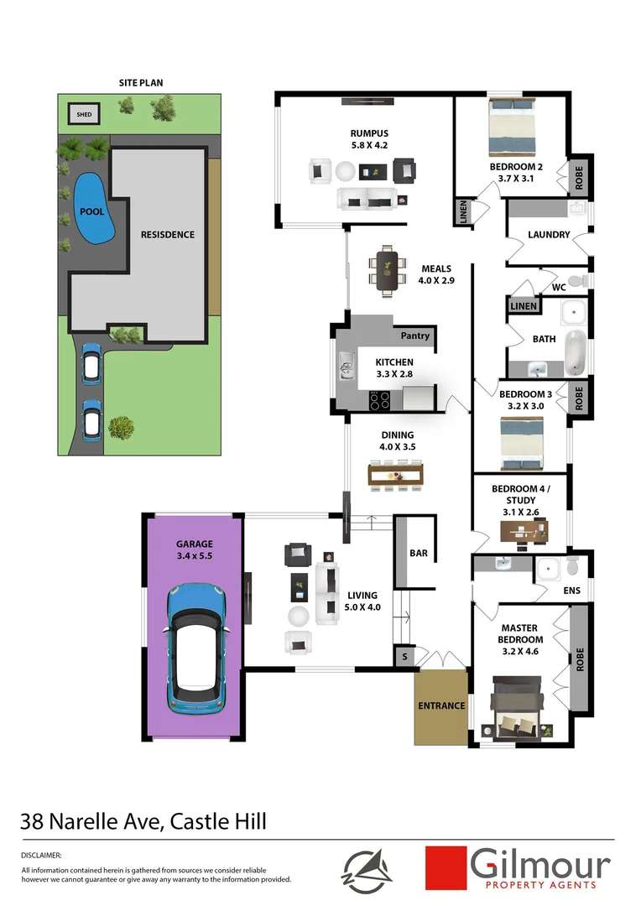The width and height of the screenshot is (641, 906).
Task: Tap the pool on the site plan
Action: (x=91, y=210)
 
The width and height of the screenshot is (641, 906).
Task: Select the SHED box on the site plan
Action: (x=84, y=114)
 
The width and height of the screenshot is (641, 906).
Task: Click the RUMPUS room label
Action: (x=369, y=133)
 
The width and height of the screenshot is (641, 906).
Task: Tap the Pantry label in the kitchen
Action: (x=414, y=336)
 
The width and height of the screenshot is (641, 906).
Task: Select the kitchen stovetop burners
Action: (x=380, y=399)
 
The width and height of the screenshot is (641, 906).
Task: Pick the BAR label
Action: (x=418, y=554)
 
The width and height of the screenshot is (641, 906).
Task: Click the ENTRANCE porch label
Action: (x=441, y=706)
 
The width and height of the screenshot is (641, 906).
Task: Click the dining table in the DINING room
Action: (x=397, y=475)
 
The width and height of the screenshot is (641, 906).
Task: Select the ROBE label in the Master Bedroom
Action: (x=578, y=653)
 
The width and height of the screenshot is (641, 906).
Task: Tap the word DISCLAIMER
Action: (x=41, y=854)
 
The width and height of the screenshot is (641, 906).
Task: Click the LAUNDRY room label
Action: (x=549, y=235)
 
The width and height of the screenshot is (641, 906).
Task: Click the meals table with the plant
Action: (x=387, y=270)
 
